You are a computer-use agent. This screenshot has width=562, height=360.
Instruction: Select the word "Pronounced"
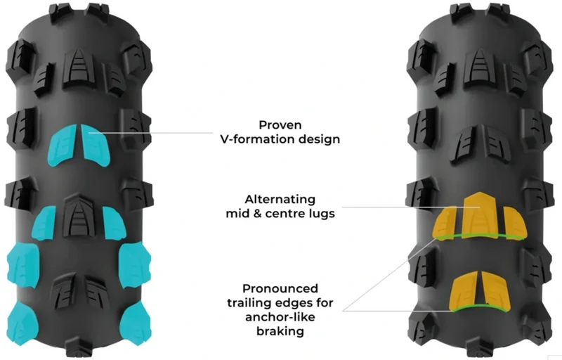280,289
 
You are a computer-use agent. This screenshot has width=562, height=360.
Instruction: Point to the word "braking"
280,331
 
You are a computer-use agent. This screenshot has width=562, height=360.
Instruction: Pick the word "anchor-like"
280,317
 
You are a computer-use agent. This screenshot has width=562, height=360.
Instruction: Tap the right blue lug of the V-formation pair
95,145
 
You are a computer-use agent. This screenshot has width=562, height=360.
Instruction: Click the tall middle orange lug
481,214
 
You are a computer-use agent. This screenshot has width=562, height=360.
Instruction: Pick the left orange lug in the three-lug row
445,221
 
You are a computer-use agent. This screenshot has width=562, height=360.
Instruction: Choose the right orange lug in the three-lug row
515,222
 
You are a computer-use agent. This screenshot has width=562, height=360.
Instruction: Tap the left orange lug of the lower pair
464,291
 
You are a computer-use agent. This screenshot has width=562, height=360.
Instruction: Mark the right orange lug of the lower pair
495,291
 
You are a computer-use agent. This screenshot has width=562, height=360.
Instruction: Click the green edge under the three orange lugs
480,236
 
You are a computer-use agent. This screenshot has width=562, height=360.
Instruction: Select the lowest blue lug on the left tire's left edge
22,323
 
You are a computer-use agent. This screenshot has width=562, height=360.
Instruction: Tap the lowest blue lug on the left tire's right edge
136,323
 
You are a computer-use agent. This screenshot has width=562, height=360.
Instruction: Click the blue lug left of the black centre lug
44,223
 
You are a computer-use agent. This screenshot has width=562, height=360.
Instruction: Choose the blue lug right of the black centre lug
115,223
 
